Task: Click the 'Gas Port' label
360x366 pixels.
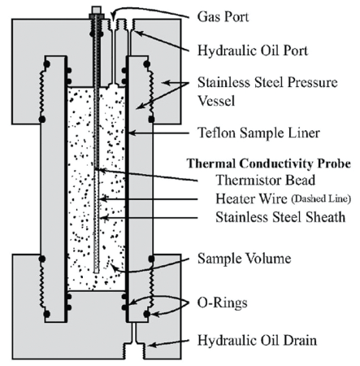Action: [x=223, y=16]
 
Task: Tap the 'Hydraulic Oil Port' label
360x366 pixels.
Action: [x=253, y=50]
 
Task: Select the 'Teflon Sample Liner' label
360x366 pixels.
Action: [x=258, y=133]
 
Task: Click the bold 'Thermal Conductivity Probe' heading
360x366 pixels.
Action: [x=269, y=163]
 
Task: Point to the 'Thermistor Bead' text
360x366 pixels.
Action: [x=266, y=180]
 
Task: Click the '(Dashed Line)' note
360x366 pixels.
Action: [x=321, y=198]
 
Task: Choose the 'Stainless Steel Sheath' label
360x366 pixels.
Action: [x=280, y=217]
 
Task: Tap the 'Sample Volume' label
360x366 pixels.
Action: [x=245, y=259]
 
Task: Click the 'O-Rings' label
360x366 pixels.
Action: [x=222, y=303]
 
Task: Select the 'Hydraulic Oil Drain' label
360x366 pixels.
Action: [x=257, y=340]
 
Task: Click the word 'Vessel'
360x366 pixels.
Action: [x=216, y=101]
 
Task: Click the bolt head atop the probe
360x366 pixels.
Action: [x=97, y=11]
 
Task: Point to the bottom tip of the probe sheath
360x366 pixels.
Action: [x=97, y=272]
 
